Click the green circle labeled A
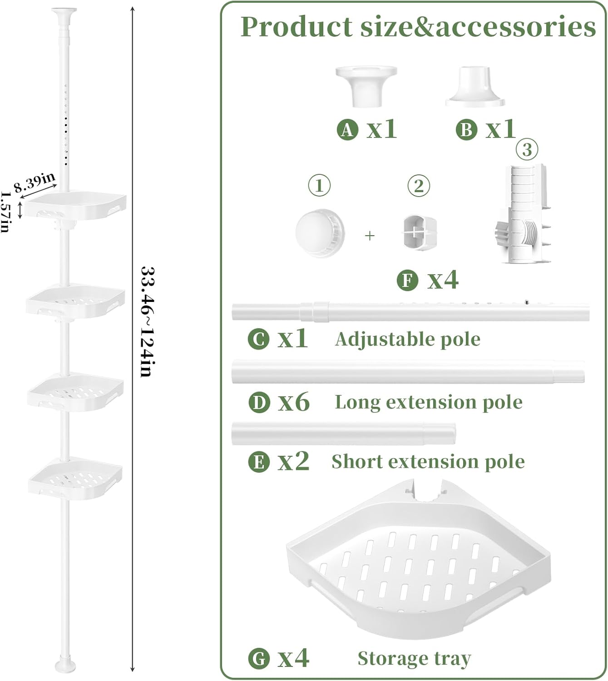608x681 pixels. [x=347, y=130]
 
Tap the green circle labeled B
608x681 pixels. [x=466, y=130]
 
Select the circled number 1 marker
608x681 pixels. [x=319, y=186]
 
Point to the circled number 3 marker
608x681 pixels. [x=527, y=149]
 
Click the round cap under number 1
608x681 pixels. [x=320, y=233]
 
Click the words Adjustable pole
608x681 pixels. [x=407, y=339]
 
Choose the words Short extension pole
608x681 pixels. [x=428, y=462]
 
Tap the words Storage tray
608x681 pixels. [x=414, y=658]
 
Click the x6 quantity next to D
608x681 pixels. [x=294, y=402]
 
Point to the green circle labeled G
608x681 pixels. [x=259, y=659]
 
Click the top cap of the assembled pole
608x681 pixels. [x=64, y=12]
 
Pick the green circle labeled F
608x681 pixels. [x=407, y=280]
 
